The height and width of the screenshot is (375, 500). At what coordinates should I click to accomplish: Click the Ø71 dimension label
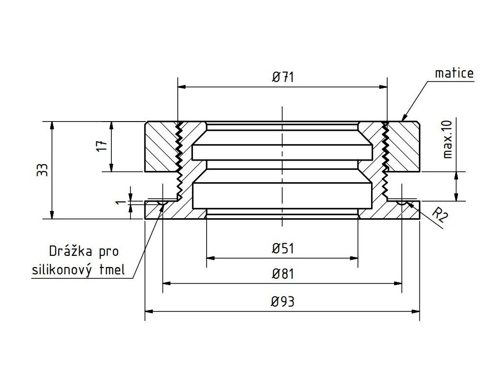pyautogui.click(x=283, y=77)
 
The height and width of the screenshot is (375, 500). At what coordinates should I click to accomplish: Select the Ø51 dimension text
pyautogui.click(x=283, y=249)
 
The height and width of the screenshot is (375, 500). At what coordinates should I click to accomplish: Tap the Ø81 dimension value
pyautogui.click(x=283, y=274)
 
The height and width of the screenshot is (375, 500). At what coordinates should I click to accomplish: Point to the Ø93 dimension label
pyautogui.click(x=283, y=301)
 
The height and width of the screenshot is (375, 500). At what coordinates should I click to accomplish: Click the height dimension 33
pyautogui.click(x=42, y=169)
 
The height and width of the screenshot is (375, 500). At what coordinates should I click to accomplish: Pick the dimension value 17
pyautogui.click(x=102, y=146)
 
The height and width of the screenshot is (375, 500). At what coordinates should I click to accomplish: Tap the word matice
pyautogui.click(x=455, y=73)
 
